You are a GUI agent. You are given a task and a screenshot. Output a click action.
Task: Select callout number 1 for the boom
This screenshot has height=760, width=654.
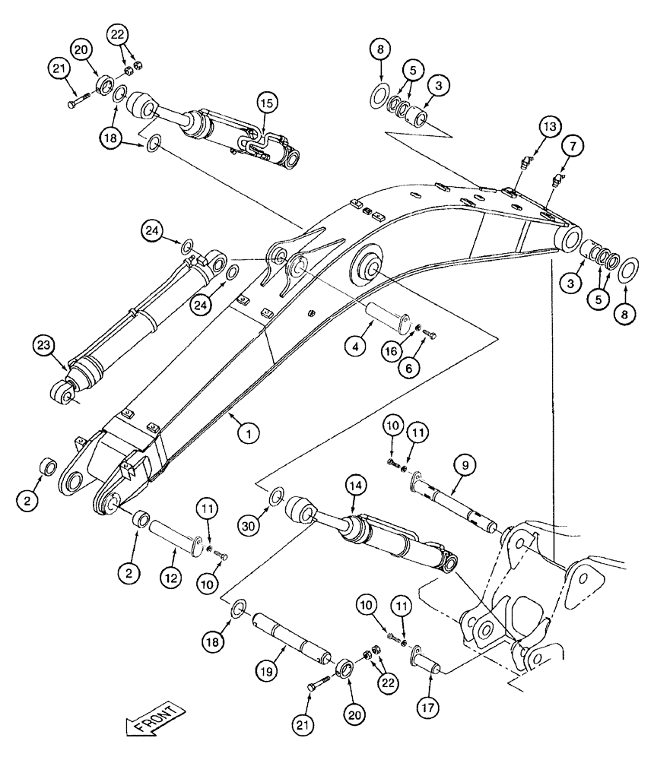[249, 433]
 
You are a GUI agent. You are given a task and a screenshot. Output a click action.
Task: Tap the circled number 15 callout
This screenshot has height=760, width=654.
[268, 102]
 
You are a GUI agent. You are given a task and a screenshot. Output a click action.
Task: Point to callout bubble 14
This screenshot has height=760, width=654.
[355, 483]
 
